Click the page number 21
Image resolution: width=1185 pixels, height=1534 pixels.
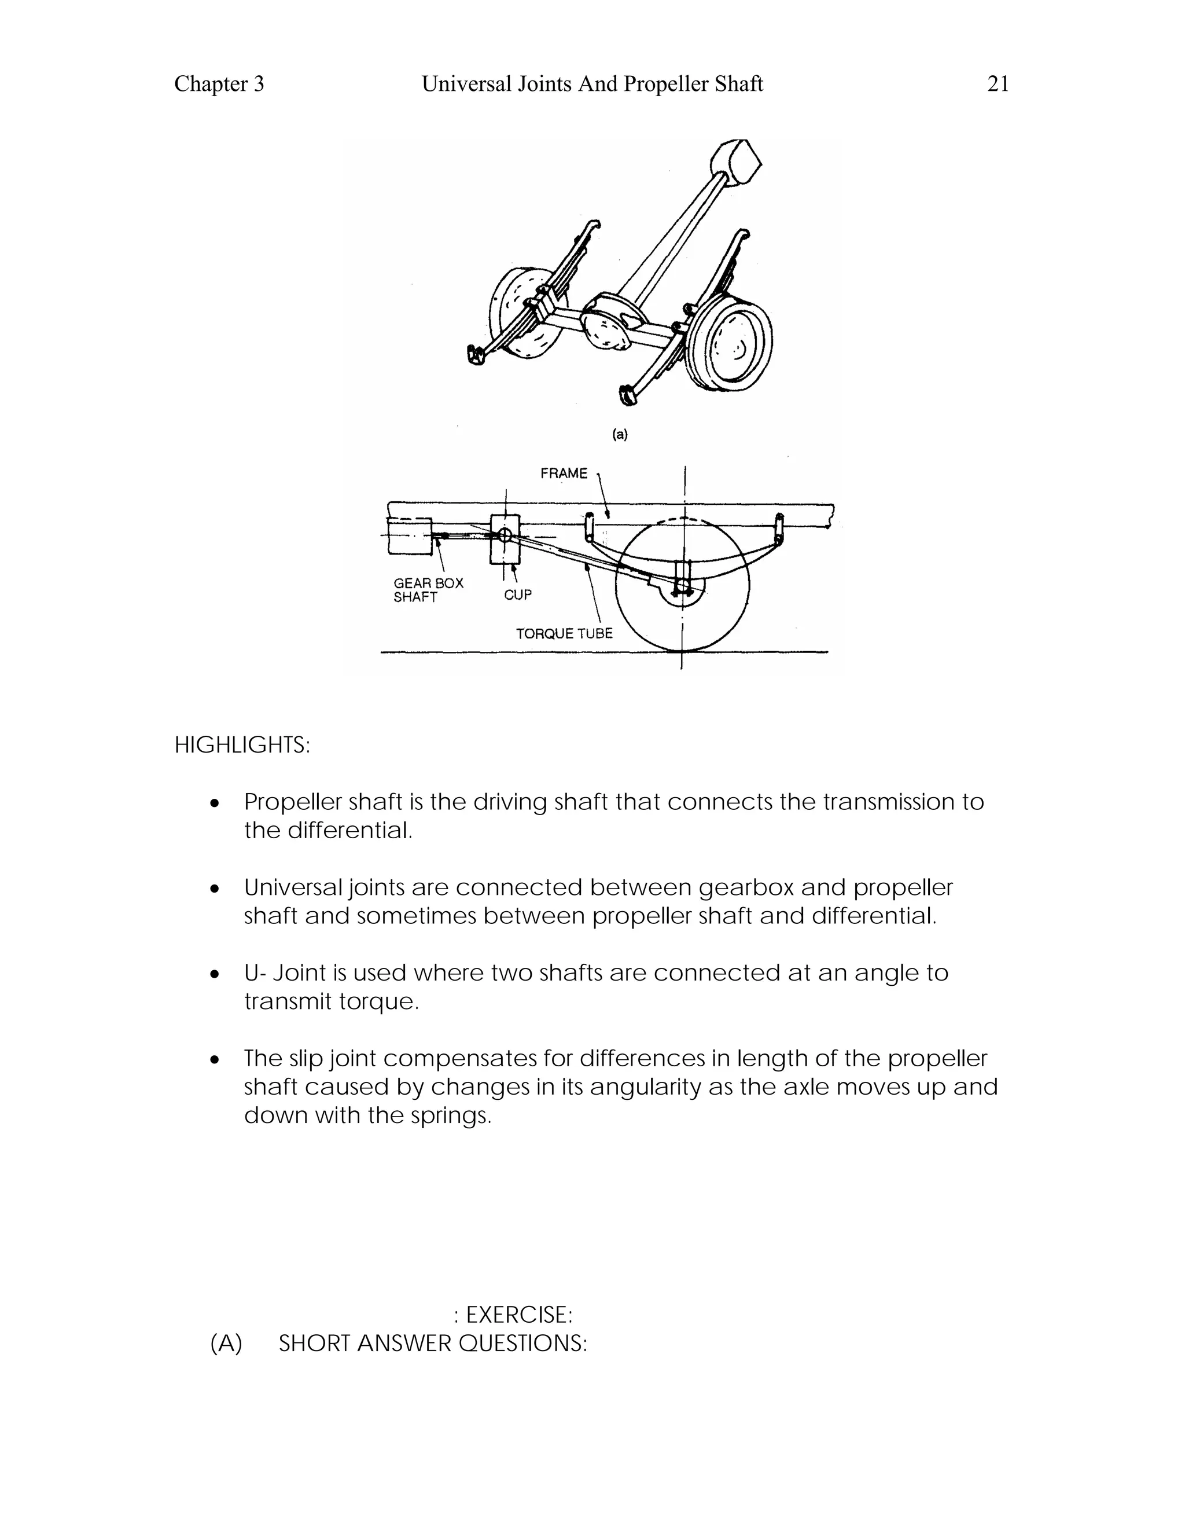coord(998,85)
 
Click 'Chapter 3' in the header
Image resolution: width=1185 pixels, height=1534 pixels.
coord(219,85)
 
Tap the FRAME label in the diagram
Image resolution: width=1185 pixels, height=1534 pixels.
coord(564,474)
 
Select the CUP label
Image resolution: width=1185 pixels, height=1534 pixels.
coord(518,595)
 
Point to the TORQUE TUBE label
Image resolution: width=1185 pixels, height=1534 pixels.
coord(564,633)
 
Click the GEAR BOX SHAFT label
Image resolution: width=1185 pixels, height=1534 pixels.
coord(428,590)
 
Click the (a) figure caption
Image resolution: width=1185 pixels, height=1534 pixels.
coord(620,434)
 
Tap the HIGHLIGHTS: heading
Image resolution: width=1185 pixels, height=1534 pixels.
coord(241,745)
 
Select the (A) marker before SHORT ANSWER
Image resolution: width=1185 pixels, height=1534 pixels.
coord(226,1344)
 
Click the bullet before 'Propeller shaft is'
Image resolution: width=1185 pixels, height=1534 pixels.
coord(215,803)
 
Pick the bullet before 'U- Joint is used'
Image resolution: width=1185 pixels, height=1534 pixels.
coord(215,974)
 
